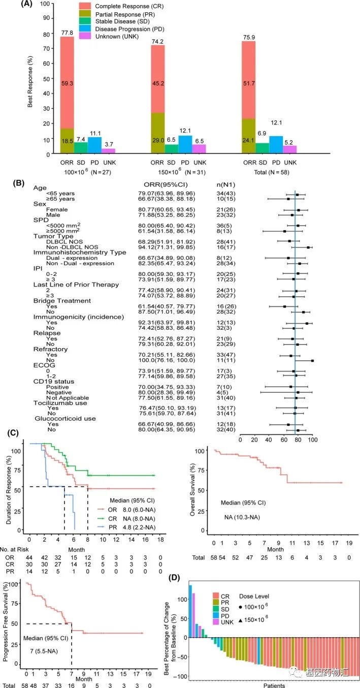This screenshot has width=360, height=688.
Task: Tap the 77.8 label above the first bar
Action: coord(67,32)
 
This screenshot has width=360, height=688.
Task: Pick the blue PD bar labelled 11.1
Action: coord(94,145)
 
